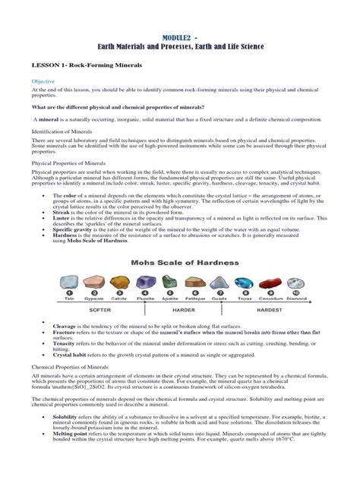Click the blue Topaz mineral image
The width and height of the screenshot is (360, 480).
pos(245,283)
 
